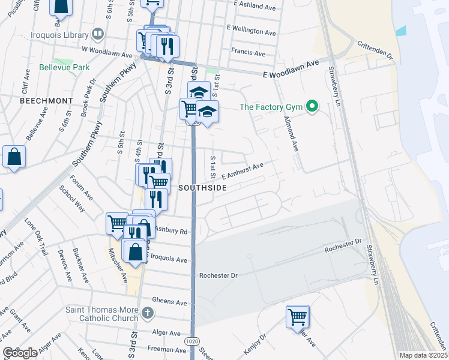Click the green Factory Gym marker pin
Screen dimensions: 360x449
(312, 107)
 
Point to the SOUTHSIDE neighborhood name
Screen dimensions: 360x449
(202, 188)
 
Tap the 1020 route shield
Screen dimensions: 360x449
(192, 341)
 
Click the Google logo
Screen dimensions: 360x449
(20, 353)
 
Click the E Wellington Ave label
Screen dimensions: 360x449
(251, 29)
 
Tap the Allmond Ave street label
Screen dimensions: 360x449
(291, 133)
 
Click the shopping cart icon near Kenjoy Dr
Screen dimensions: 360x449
(298, 316)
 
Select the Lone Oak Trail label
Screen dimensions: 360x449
(37, 233)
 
